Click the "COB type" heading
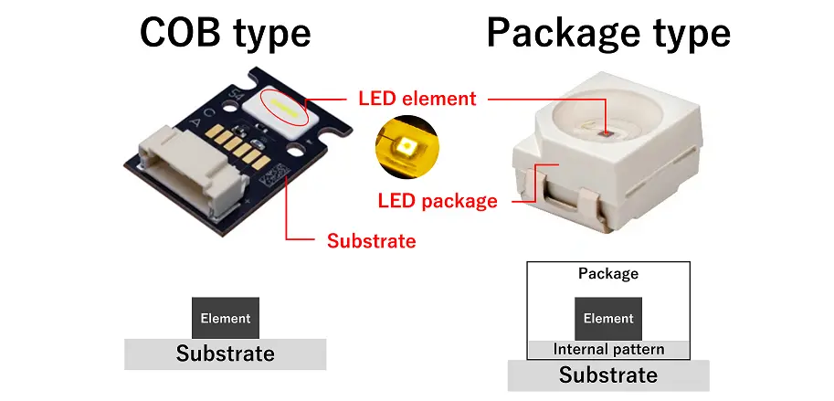click(225, 33)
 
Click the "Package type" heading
click(608, 33)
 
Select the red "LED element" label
click(417, 98)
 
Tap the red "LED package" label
click(438, 200)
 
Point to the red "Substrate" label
click(371, 241)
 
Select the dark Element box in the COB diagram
click(225, 319)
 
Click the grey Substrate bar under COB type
click(225, 354)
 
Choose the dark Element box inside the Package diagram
click(608, 319)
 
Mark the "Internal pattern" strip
click(608, 350)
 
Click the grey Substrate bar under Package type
click(608, 375)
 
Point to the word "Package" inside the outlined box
click(608, 273)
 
